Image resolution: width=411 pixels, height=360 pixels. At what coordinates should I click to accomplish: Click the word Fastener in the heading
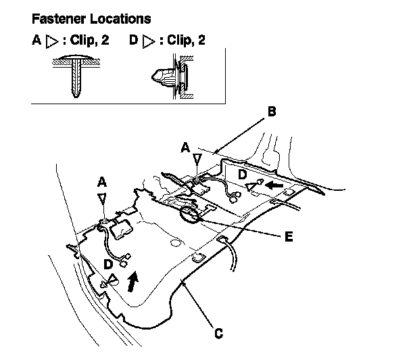point(56,18)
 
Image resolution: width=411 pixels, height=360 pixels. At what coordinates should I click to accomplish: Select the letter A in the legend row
point(37,41)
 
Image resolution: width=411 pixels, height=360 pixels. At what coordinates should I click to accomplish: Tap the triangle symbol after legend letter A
point(51,41)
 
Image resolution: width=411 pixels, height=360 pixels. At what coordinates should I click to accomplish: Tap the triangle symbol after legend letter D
point(147,41)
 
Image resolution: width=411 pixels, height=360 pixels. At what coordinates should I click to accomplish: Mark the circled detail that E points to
point(191,216)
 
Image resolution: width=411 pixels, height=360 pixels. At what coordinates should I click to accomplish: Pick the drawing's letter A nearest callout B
point(185,146)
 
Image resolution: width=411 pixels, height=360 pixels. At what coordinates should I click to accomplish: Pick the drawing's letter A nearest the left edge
point(101,182)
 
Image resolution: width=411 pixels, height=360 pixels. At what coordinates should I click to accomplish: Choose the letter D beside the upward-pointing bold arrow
point(109,263)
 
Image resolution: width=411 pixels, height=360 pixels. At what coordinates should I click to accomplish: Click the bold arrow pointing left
point(275,183)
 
